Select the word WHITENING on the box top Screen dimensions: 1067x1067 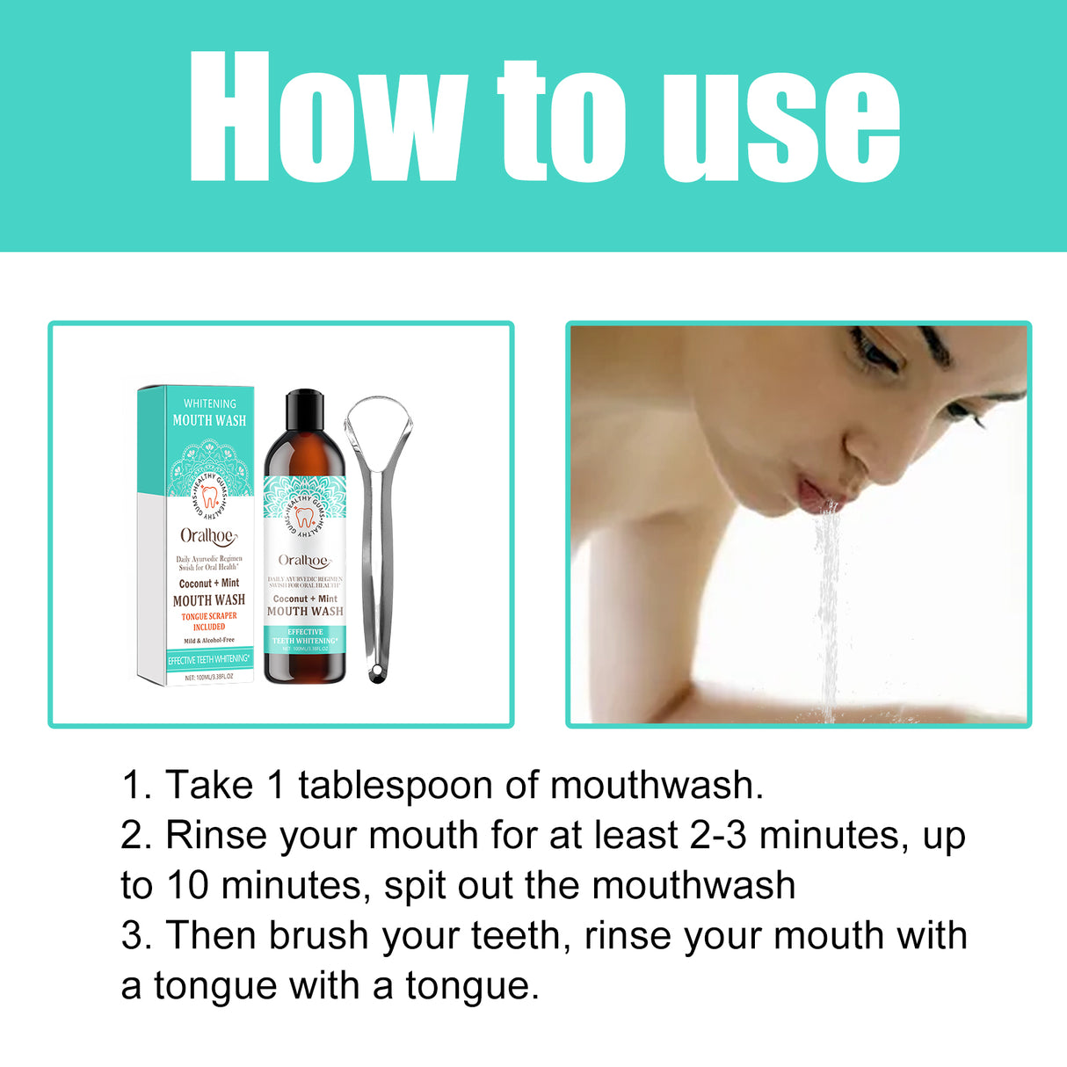[x=209, y=403]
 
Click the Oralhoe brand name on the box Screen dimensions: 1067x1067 [x=208, y=535]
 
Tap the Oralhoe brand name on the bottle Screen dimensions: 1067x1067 [x=303, y=561]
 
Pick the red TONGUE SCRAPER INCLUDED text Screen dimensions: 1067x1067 [x=209, y=621]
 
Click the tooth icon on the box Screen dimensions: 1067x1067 [x=209, y=497]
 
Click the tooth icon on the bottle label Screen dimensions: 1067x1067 [x=304, y=516]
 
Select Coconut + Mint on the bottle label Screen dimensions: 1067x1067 [x=305, y=599]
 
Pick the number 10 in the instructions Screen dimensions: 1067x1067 [x=187, y=885]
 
